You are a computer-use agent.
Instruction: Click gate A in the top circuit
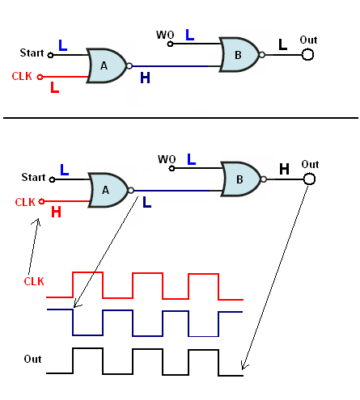coord(106,65)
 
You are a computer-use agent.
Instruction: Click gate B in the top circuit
coord(239,55)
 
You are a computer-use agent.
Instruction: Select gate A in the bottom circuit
coord(108,190)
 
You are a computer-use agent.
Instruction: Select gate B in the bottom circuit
coord(241,179)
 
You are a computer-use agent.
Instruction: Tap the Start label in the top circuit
coord(32,53)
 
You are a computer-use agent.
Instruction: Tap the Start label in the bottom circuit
coord(33,177)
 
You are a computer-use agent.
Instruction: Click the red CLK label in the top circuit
coord(22,76)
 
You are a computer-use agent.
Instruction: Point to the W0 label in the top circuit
coord(165,35)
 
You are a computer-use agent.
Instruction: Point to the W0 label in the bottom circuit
coord(167,159)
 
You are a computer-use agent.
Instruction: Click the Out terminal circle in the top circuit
coord(307,55)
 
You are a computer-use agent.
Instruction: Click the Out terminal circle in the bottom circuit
coord(309,179)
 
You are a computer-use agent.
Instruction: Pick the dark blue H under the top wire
coord(145,78)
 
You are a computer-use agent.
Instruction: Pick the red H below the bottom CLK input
coord(56,212)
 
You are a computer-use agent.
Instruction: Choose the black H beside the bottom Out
coord(284,169)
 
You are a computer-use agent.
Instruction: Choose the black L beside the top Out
coord(282,44)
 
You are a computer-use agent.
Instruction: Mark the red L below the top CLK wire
coord(55,87)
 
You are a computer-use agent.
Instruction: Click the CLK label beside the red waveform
coord(34,281)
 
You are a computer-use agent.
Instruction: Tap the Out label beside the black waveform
coord(32,359)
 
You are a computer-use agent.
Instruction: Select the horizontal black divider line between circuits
coord(180,118)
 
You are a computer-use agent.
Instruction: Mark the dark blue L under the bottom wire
coord(147,202)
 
